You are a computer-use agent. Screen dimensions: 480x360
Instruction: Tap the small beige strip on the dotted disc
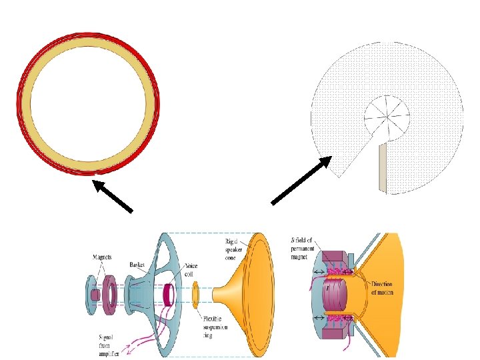pos(382,167)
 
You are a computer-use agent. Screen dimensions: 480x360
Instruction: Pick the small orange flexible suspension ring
pos(197,292)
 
